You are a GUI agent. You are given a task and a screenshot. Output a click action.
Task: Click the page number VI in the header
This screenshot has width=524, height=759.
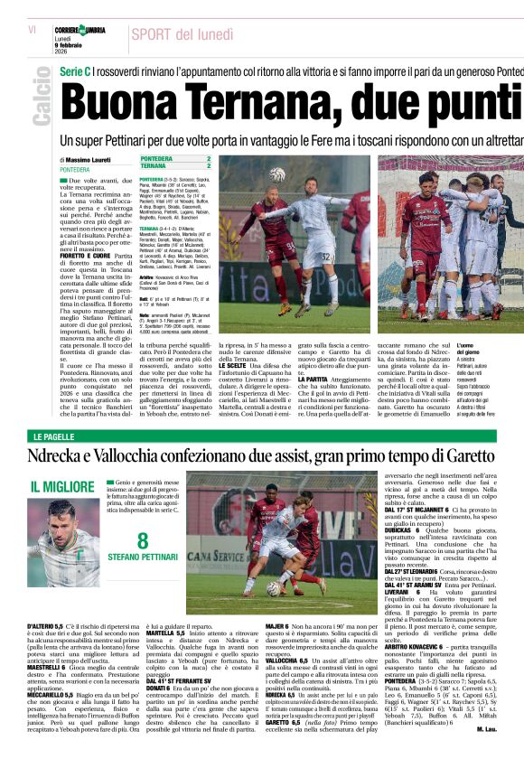32,30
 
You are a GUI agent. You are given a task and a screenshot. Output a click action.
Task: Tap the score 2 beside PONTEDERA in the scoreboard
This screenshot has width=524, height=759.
209,158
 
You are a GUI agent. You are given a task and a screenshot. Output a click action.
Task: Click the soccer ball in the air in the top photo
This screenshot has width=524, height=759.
277,174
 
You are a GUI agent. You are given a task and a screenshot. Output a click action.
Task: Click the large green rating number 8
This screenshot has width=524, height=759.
143,542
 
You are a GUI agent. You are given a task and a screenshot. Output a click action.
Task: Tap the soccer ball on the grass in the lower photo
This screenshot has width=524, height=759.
272,587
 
